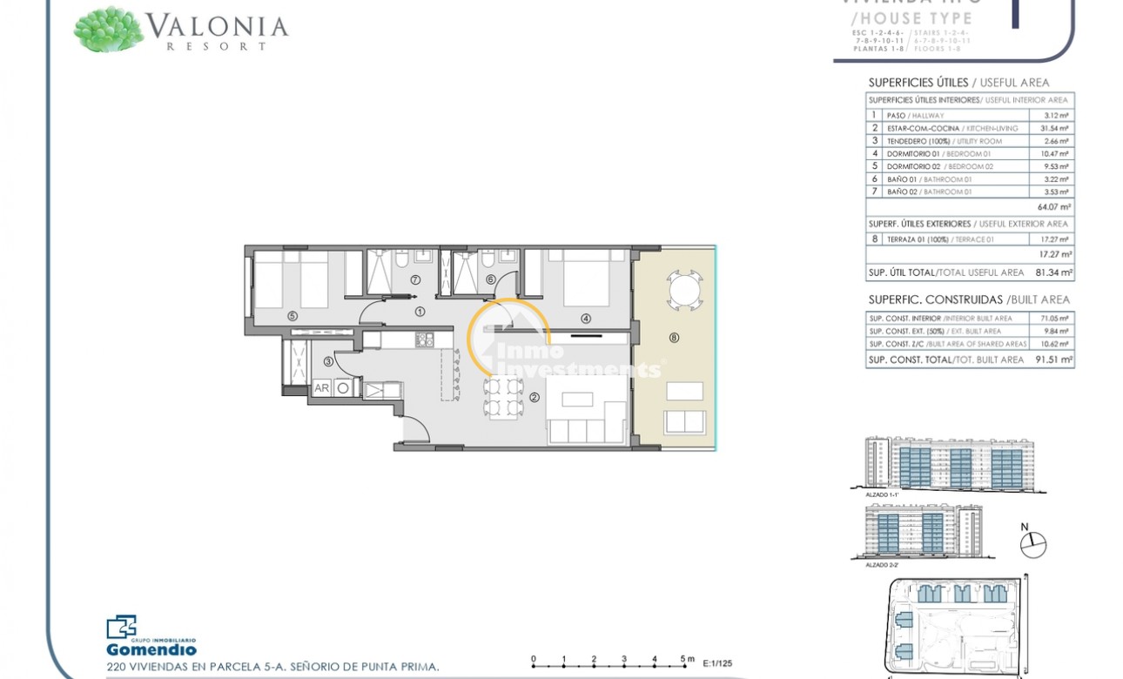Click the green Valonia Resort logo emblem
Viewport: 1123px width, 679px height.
(x=108, y=29)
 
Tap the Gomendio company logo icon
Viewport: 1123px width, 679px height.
(x=121, y=627)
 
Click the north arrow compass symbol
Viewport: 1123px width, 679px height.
(x=1032, y=544)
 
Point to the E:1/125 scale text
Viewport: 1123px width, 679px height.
(x=716, y=662)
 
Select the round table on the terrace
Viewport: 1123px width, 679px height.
(x=683, y=288)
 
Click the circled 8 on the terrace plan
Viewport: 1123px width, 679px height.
(x=674, y=338)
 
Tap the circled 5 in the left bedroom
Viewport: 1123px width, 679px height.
(x=293, y=315)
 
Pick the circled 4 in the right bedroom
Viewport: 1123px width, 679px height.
(x=585, y=319)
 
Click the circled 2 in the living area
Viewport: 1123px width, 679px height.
(x=535, y=398)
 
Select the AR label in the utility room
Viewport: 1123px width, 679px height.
(x=321, y=388)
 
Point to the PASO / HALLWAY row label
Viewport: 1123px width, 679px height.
(x=915, y=115)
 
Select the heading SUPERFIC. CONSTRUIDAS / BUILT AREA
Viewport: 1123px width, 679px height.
(x=969, y=299)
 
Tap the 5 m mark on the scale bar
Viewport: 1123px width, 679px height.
(x=685, y=659)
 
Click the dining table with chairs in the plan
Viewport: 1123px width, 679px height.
(x=503, y=396)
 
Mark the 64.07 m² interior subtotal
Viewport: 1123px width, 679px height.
(x=1054, y=207)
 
